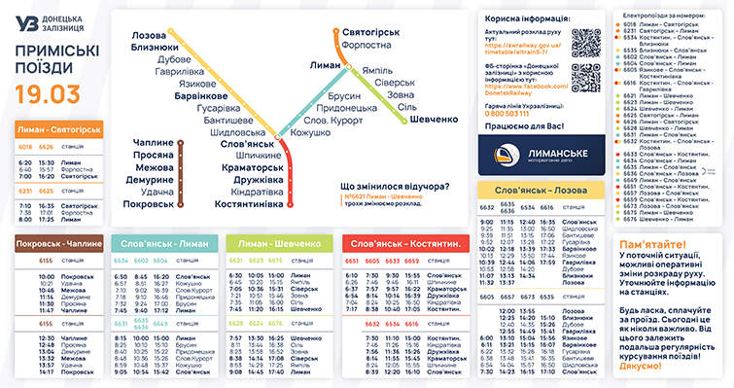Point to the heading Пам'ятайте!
tap(650, 242)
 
